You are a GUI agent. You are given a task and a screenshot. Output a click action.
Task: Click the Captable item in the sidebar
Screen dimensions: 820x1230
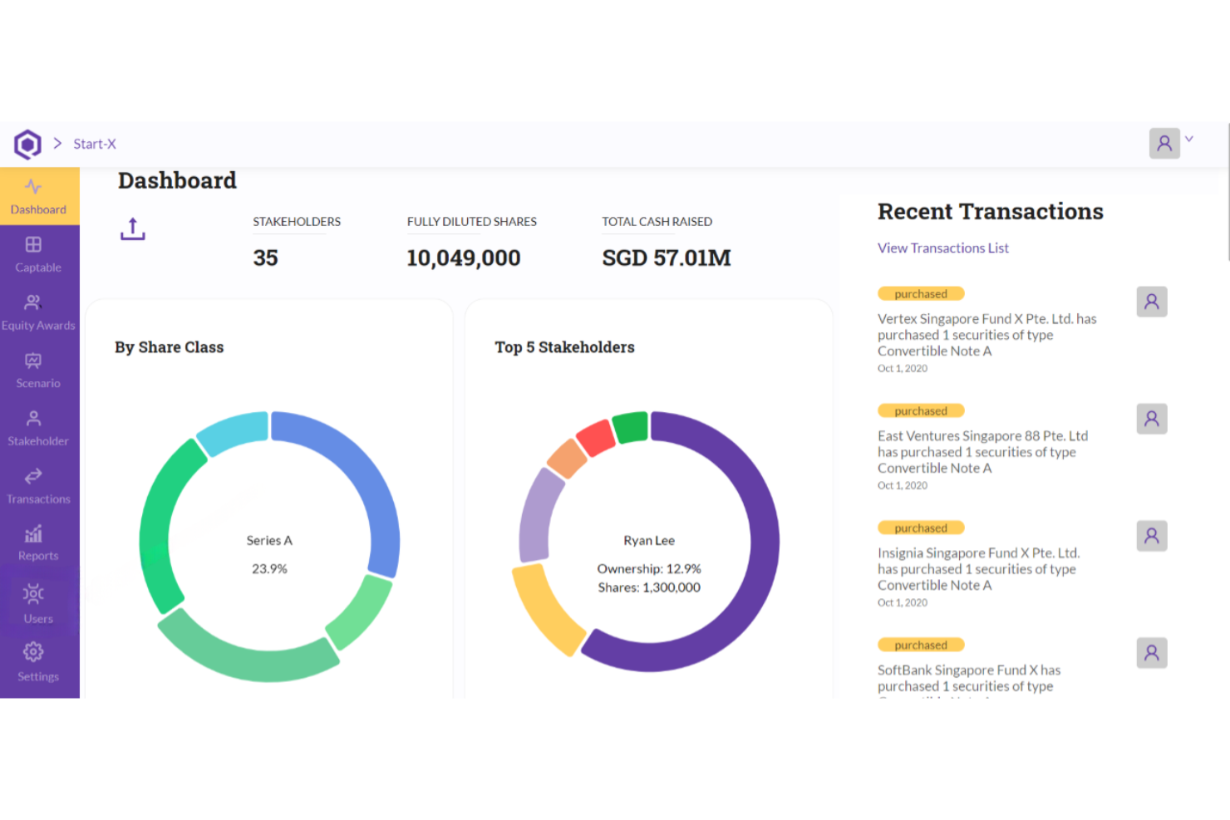point(37,254)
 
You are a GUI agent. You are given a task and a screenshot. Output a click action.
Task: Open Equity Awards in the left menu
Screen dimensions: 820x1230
point(37,312)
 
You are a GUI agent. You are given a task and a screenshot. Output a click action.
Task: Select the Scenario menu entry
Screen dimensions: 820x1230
point(37,371)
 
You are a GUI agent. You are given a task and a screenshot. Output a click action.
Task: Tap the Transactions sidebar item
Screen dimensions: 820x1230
point(37,486)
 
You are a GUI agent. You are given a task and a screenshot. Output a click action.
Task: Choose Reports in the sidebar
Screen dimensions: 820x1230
point(37,543)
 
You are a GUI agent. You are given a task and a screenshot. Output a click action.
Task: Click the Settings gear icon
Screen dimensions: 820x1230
point(33,652)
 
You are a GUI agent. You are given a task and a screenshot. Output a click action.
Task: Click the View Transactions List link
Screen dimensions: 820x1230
point(942,248)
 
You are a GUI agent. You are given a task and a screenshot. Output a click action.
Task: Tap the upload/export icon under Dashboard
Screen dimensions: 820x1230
point(132,228)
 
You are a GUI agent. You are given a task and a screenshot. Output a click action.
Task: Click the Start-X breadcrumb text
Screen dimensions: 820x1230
point(95,144)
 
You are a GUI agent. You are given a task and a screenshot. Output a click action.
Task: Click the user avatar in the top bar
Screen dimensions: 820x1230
point(1164,144)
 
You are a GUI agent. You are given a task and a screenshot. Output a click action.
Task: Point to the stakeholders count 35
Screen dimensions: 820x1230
point(265,258)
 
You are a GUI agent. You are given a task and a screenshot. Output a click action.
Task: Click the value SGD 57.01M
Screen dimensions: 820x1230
point(666,258)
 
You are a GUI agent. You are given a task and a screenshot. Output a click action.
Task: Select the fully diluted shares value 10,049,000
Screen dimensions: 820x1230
point(463,258)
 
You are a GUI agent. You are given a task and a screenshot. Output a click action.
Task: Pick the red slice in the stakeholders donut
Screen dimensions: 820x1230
point(595,438)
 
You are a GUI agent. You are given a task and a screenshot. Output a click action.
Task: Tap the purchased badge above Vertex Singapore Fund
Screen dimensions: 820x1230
point(920,294)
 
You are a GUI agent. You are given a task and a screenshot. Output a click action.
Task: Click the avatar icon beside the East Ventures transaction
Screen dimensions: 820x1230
point(1151,419)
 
